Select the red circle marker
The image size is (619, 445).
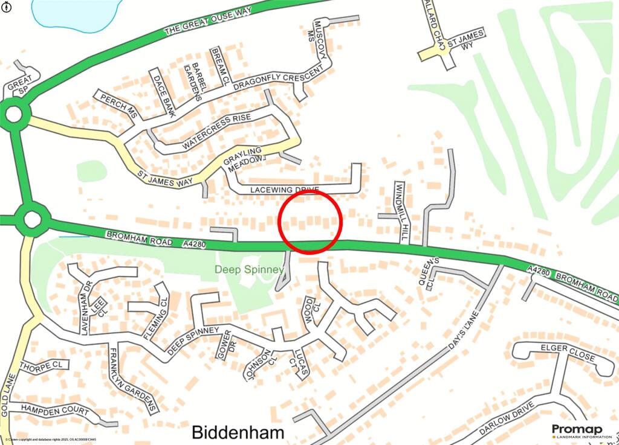pyautogui.click(x=311, y=222)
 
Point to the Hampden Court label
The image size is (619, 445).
pyautogui.click(x=55, y=409)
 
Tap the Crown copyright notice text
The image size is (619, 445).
pyautogui.click(x=45, y=440)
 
